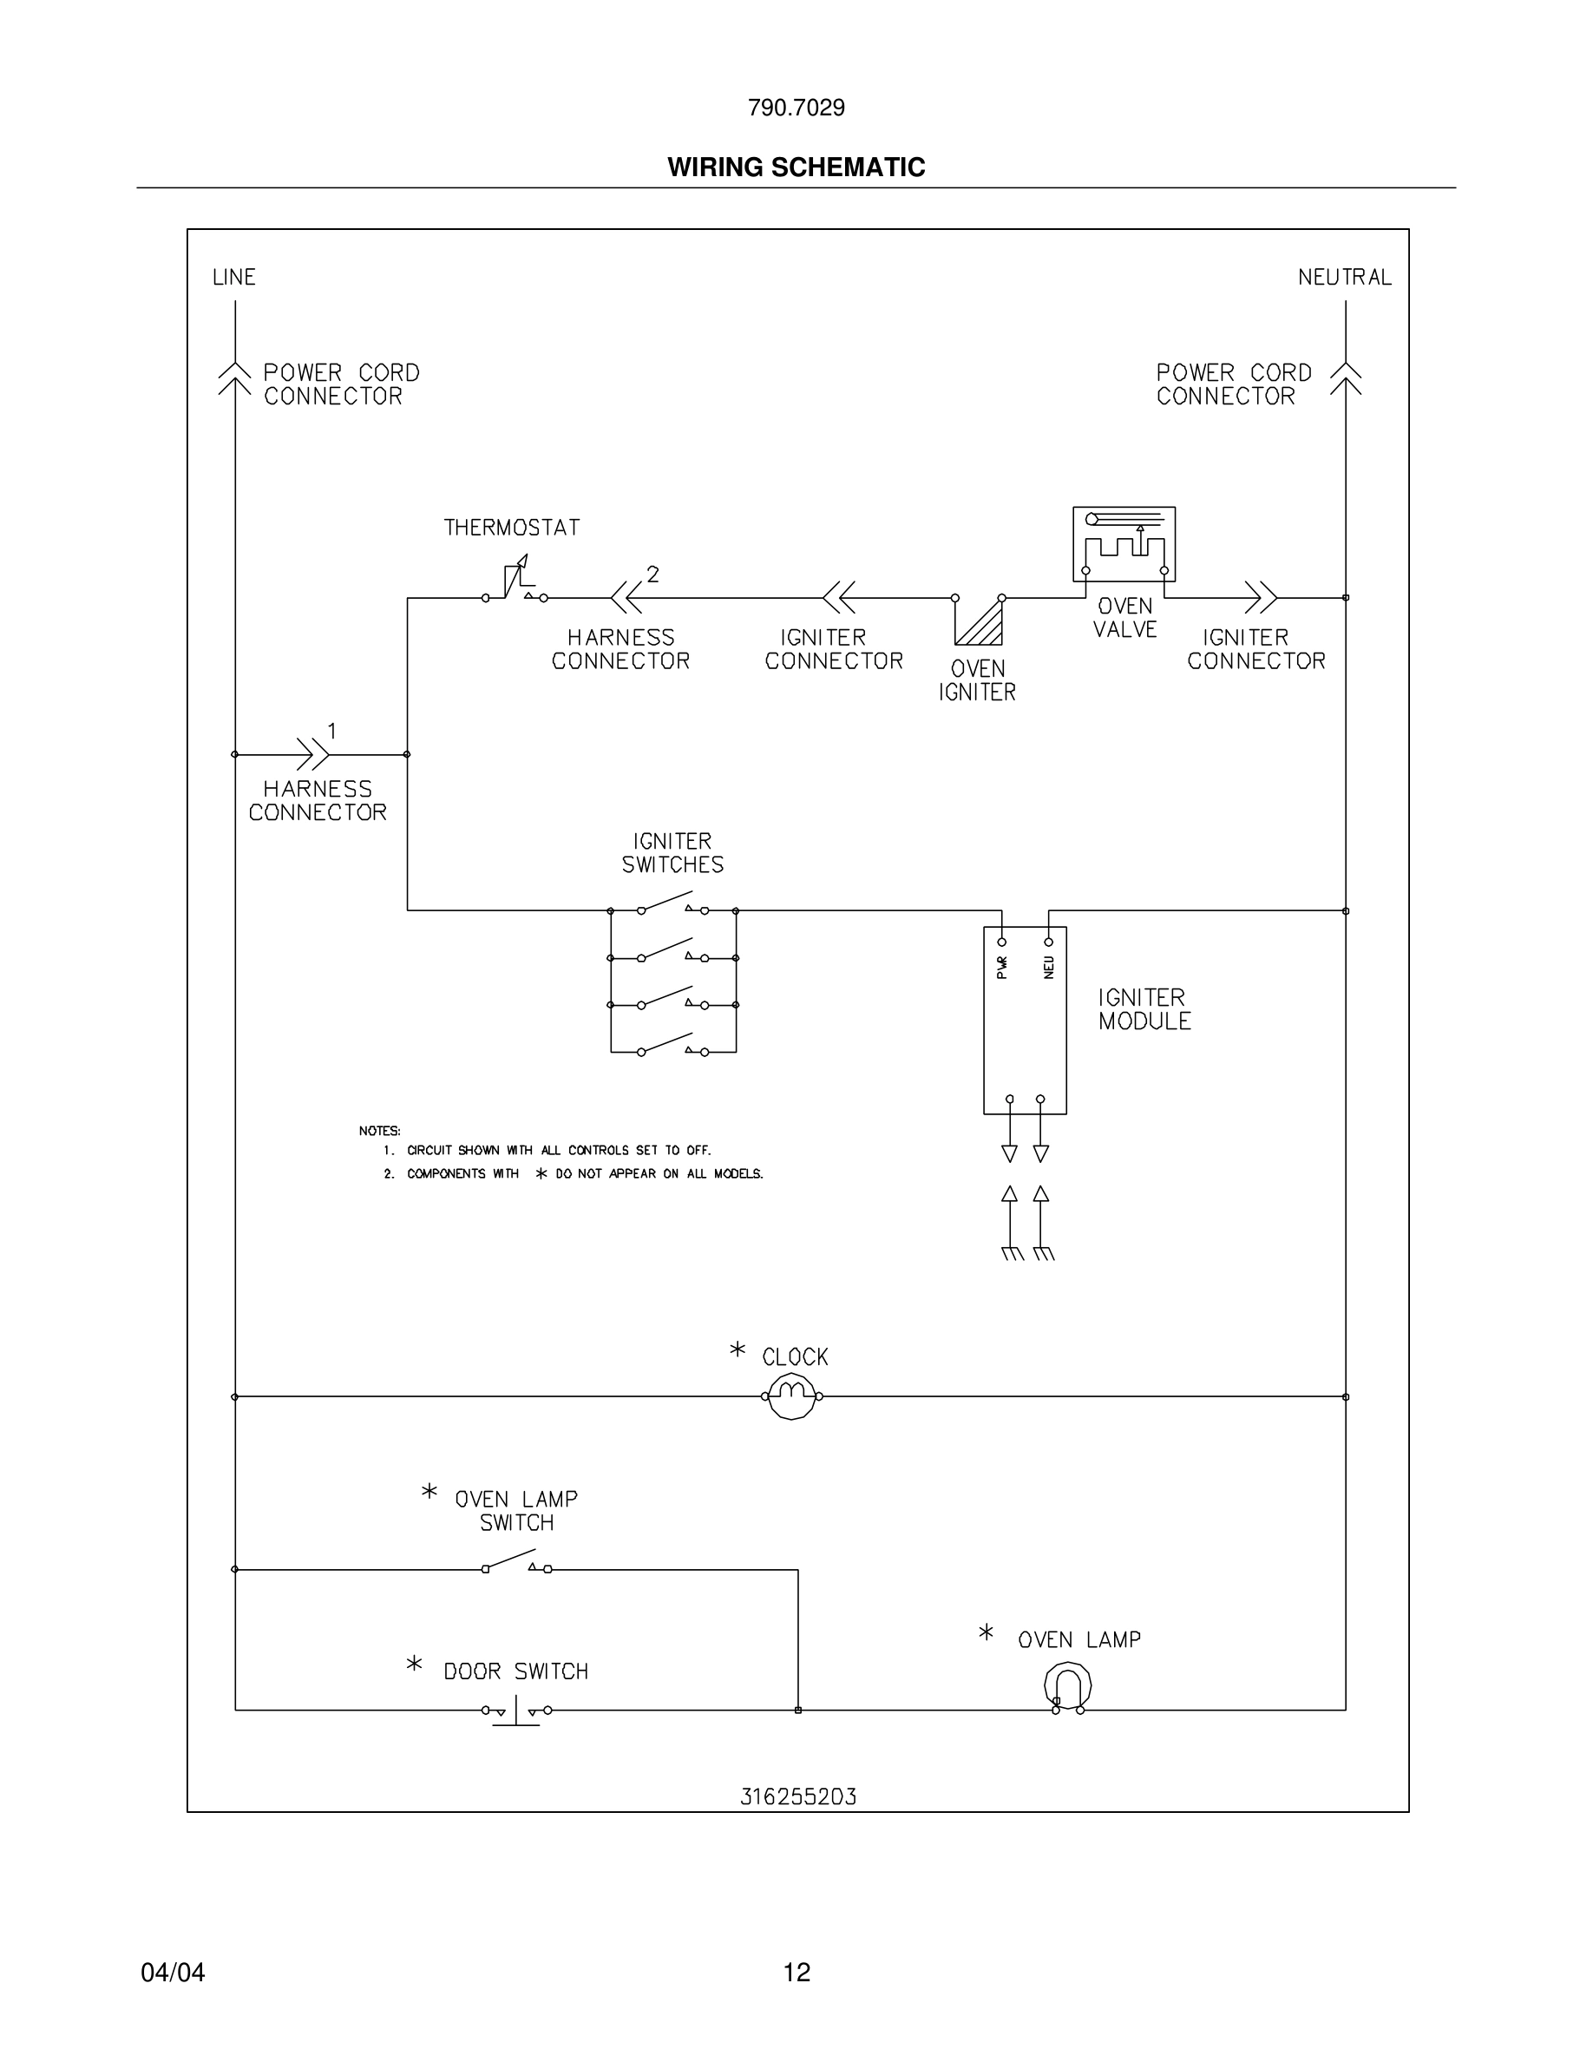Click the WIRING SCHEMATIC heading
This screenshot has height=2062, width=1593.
pos(796,167)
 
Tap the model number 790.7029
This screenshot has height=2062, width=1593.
pos(796,108)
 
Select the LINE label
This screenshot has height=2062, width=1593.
pos(234,277)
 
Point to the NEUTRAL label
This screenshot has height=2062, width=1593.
pos(1344,277)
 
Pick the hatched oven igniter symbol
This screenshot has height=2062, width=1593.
pos(980,620)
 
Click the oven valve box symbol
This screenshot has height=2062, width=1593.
pos(1123,544)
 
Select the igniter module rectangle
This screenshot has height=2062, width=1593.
pos(1025,1021)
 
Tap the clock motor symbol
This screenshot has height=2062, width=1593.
pos(792,1396)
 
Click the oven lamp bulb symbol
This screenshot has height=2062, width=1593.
pos(1067,1687)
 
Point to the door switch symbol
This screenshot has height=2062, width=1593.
pos(515,1710)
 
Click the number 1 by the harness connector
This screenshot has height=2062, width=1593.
pos(332,731)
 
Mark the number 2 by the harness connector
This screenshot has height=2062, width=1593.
pos(652,574)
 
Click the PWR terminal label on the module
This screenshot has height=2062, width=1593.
pos(1002,967)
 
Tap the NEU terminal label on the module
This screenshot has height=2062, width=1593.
pos(1048,967)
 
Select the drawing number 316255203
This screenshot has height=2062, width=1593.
pos(797,1796)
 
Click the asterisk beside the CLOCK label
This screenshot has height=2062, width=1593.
pos(737,1350)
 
